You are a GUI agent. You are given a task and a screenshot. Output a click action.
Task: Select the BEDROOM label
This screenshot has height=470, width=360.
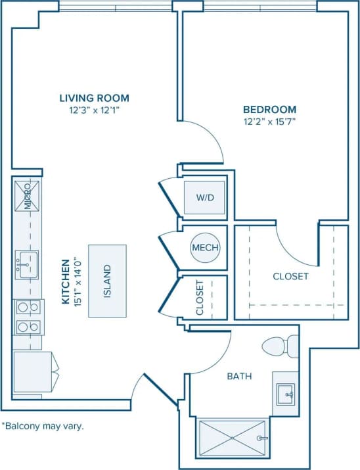[269, 109]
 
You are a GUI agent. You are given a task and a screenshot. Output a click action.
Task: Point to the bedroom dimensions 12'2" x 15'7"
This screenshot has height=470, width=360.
[269, 121]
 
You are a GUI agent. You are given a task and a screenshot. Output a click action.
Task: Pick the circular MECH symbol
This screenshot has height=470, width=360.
[204, 248]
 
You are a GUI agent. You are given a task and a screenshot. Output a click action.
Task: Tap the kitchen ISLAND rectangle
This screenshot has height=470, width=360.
[108, 281]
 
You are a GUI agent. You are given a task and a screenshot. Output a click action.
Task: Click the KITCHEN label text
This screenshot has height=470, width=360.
[66, 281]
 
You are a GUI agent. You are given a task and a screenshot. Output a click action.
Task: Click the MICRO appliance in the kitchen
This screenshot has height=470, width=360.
[28, 196]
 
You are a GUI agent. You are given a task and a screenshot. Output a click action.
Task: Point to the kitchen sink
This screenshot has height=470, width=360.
[27, 265]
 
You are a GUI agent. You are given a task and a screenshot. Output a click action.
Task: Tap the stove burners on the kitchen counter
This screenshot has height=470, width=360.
[27, 316]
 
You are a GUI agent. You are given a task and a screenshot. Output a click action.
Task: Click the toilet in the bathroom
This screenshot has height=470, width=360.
[281, 346]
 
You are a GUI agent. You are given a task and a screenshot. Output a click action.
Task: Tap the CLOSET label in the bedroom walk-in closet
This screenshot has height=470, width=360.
[290, 276]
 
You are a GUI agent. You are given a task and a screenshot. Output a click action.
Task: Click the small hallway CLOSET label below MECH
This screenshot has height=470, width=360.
[200, 298]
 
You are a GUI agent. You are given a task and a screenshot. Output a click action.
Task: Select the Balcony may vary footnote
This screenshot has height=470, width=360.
[43, 425]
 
